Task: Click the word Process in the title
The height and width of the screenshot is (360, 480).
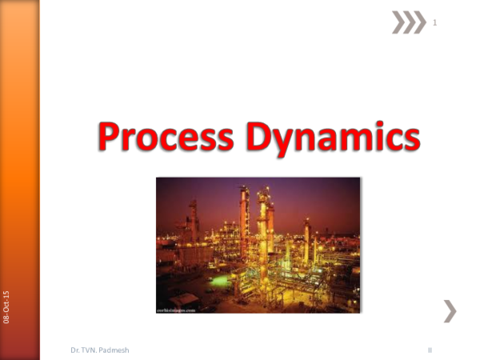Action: point(166,138)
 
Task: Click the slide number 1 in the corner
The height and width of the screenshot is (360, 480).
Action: point(434,23)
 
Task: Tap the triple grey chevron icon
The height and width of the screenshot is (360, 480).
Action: point(409,22)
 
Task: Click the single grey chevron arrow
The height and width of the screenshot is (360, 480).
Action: point(450,310)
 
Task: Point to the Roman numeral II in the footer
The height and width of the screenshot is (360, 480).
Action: point(430,350)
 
